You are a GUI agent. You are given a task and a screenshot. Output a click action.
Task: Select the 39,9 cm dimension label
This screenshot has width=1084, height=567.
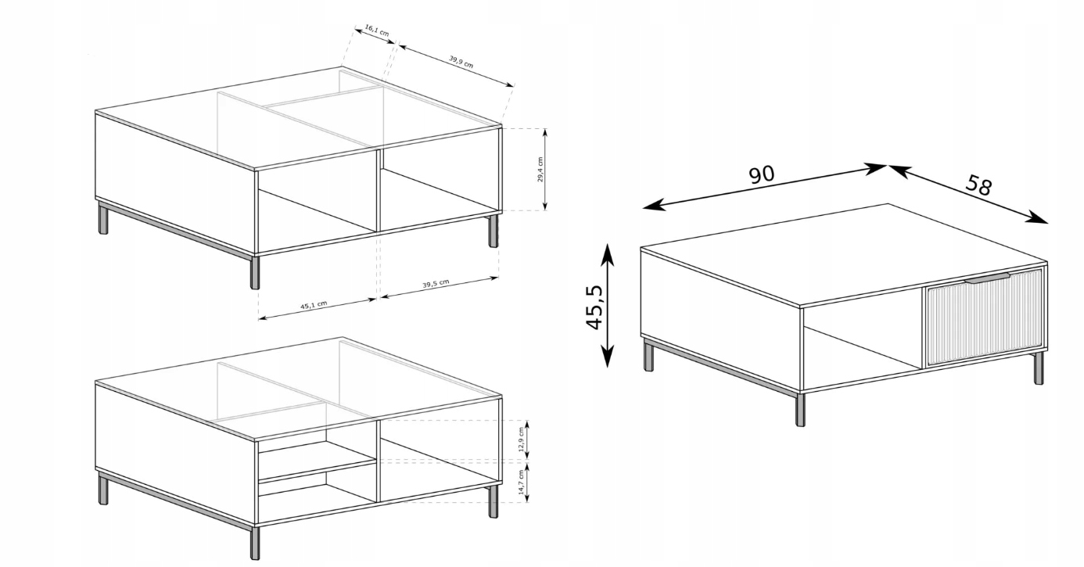click(461, 62)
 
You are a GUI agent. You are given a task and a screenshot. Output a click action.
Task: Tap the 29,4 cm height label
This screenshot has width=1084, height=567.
click(540, 170)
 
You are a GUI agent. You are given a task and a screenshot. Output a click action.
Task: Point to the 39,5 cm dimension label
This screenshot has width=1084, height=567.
click(436, 283)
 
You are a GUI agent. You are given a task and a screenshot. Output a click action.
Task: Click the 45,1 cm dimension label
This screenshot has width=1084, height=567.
click(314, 305)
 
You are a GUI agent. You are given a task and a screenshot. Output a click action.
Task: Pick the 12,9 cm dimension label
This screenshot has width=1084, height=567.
click(521, 440)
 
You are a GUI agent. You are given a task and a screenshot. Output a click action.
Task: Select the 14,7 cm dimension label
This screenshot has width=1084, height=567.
click(521, 482)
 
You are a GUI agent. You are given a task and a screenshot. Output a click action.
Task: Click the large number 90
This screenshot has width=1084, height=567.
click(762, 174)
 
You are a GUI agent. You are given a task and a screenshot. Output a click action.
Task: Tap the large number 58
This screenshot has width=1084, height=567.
click(978, 185)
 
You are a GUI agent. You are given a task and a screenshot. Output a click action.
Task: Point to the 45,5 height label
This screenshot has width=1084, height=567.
click(595, 307)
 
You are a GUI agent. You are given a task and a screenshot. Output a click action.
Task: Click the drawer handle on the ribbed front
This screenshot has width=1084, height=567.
click(987, 278)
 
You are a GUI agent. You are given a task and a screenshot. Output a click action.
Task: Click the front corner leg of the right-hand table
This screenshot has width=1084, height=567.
click(800, 409)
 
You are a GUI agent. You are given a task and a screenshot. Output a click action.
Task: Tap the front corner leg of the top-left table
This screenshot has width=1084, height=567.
click(254, 272)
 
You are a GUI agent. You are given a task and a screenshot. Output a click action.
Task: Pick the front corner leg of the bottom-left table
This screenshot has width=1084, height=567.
click(254, 543)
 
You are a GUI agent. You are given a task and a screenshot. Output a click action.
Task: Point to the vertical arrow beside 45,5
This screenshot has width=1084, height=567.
click(608, 306)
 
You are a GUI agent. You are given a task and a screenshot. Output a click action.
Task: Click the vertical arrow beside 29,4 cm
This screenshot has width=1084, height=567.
click(545, 170)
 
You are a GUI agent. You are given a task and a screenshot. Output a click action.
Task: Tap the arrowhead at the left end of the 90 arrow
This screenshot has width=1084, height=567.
click(651, 206)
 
